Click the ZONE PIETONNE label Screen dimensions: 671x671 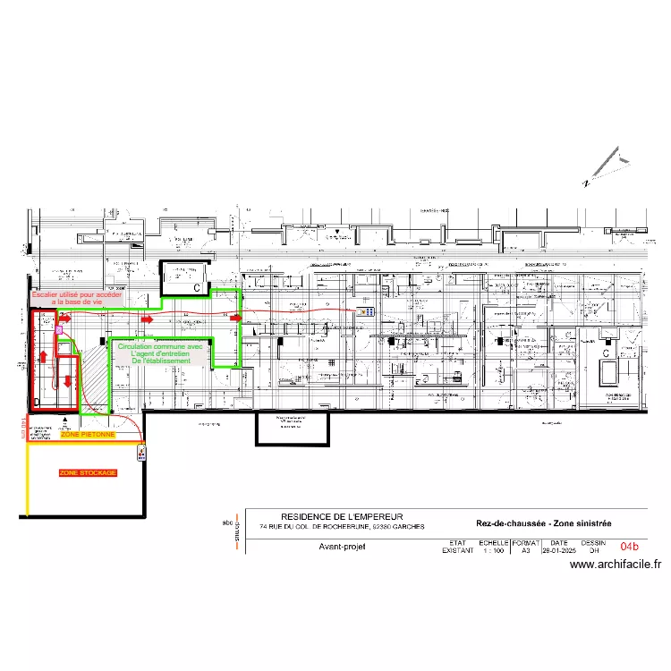click(x=88, y=434)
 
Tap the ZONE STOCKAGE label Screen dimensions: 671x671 click(x=88, y=472)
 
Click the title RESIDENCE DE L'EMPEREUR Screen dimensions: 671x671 click(x=342, y=517)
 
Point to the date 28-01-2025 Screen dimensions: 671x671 click(x=559, y=551)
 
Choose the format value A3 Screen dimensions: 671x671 click(x=526, y=551)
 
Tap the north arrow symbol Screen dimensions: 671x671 click(x=606, y=169)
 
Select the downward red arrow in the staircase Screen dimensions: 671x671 click(x=69, y=380)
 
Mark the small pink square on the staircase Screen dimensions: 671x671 click(x=59, y=330)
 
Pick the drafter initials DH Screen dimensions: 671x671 click(x=593, y=551)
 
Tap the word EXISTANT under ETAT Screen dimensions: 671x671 click(x=457, y=551)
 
